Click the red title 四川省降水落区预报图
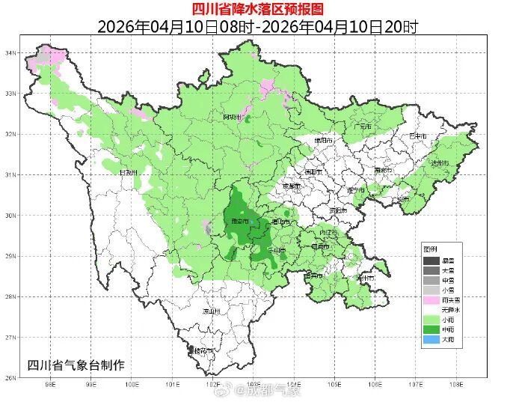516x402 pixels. click(257, 9)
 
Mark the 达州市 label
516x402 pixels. click(439, 163)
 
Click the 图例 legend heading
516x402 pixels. click(429, 249)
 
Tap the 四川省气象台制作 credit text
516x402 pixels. click(76, 365)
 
